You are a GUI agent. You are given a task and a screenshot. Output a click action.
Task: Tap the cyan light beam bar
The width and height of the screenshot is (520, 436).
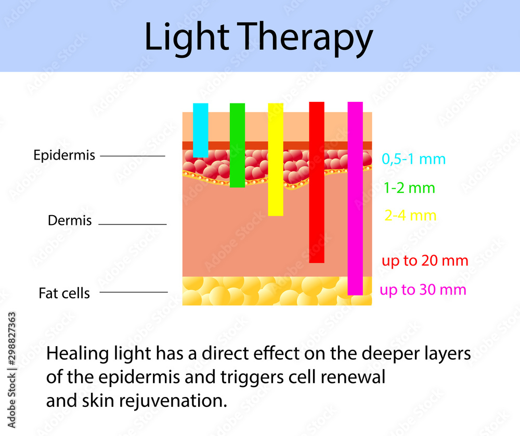pos(201,130)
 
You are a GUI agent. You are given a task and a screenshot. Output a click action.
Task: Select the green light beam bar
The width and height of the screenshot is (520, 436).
pos(237,145)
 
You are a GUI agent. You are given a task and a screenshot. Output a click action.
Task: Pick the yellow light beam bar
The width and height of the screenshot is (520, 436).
pos(276,159)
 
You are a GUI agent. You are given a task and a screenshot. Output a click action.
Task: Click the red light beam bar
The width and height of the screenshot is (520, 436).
pos(317,182)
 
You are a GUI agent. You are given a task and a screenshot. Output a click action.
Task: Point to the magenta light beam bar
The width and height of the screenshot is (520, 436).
pos(355,198)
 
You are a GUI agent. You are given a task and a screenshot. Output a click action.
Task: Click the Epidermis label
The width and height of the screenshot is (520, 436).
pos(64,155)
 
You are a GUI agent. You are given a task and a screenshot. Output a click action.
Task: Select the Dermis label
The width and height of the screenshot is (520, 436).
pos(70,220)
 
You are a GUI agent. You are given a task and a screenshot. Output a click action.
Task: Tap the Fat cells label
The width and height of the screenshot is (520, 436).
pos(64,293)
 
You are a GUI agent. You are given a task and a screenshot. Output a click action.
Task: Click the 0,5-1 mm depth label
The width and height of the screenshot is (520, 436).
pos(413,159)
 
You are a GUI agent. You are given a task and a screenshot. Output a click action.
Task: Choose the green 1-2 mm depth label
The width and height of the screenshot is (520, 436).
pos(409,188)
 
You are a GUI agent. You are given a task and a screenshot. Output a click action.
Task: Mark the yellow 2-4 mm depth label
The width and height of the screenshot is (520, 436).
pos(410,215)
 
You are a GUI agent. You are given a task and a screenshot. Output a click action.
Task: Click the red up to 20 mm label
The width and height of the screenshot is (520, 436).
pos(425,260)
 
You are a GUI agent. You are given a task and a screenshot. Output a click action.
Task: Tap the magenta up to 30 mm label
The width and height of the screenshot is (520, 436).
pos(423,289)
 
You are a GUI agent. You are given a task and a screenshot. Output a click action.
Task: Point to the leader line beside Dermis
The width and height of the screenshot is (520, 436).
pos(132,224)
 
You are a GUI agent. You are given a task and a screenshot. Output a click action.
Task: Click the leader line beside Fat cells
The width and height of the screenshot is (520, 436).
pos(133,292)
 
